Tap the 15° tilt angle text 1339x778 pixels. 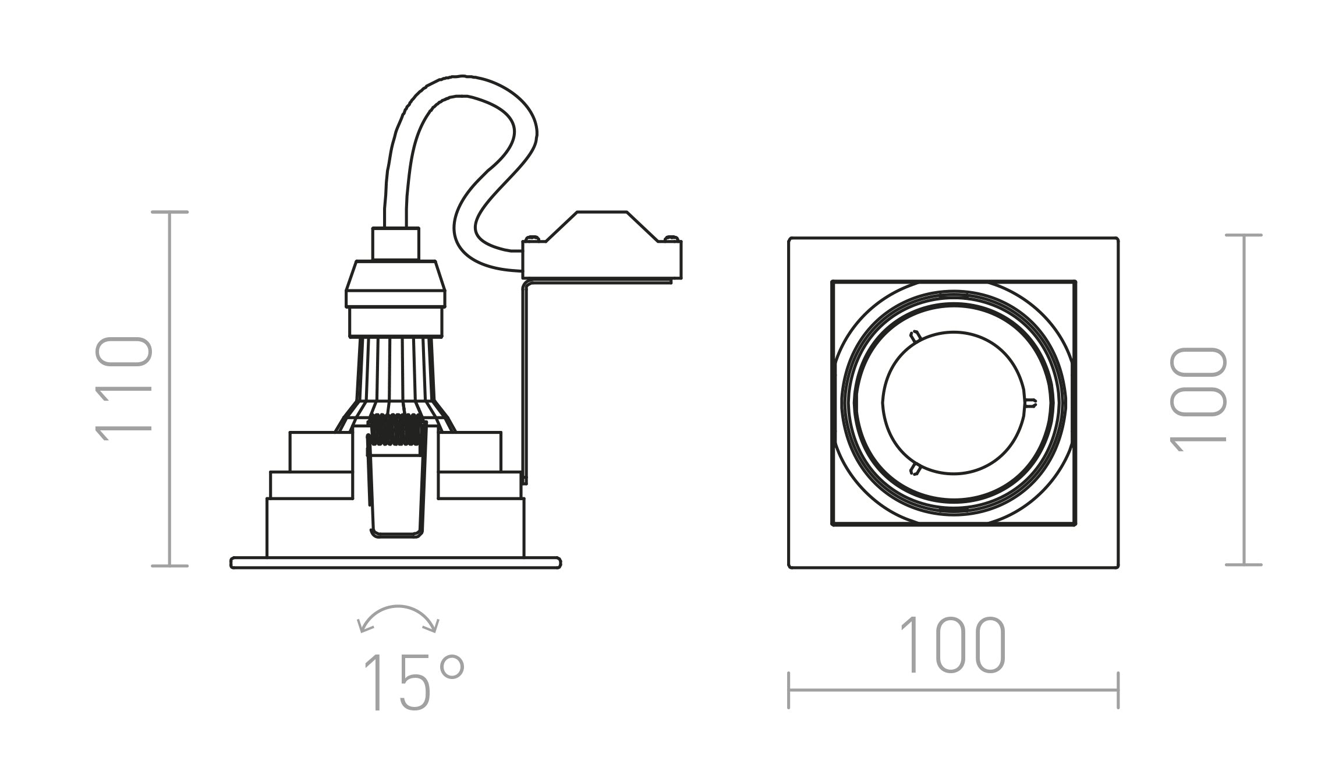(413, 682)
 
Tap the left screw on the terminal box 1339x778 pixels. (532, 238)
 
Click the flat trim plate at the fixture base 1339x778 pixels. (396, 563)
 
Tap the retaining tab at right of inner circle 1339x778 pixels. (1030, 402)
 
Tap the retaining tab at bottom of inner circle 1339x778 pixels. (914, 468)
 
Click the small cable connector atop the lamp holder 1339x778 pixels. (396, 243)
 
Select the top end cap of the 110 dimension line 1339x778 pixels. (169, 213)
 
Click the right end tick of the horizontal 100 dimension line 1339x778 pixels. (1118, 690)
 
